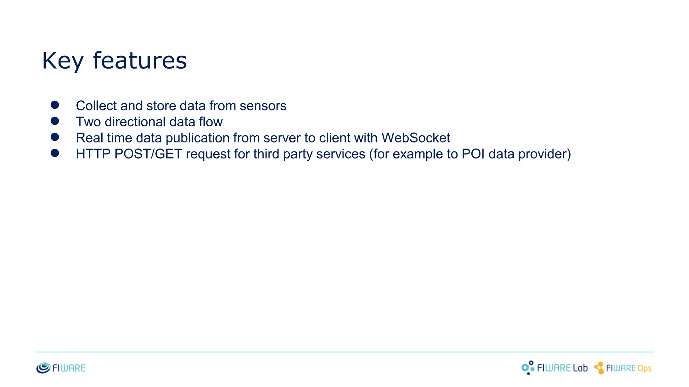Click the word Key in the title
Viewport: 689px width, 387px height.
coord(63,61)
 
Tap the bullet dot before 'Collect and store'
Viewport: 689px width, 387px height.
coord(55,105)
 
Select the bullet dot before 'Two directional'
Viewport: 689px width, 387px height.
coord(55,121)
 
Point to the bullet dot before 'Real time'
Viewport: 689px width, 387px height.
coord(55,137)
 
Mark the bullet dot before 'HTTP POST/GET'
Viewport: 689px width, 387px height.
coord(55,153)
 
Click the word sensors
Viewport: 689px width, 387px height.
coord(263,106)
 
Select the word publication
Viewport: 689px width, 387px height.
coord(197,138)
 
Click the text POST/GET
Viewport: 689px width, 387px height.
coord(148,154)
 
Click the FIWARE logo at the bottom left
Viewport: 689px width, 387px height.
coord(61,368)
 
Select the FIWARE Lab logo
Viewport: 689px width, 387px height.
coord(554,368)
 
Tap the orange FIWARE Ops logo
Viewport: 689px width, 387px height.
coord(623,368)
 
